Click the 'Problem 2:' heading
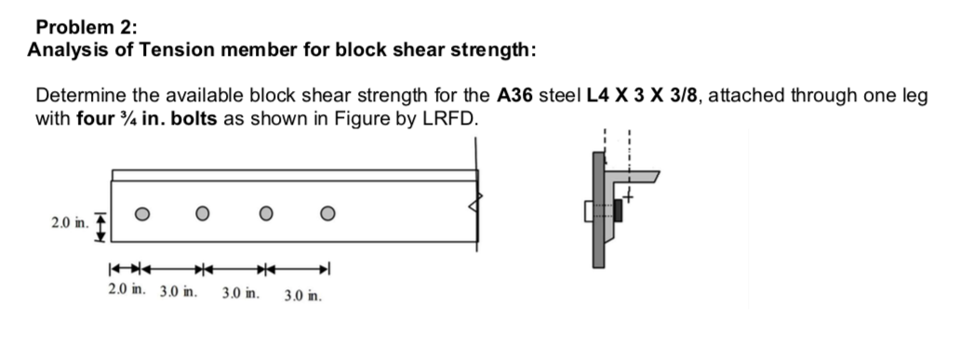point(73,27)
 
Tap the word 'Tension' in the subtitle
point(165,49)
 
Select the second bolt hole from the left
point(203,212)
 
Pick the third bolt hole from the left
point(266,212)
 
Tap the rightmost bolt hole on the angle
point(327,212)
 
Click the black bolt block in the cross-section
point(617,212)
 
